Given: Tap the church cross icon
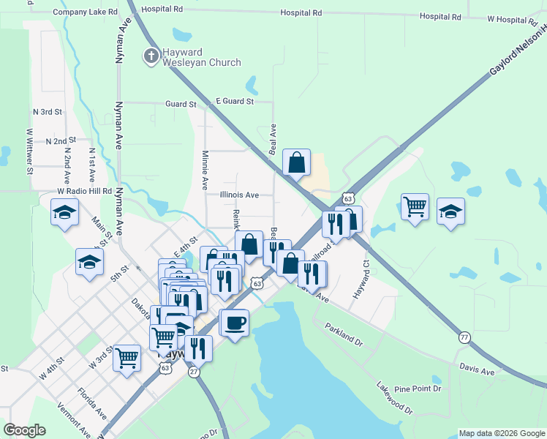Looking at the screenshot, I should point(151,56).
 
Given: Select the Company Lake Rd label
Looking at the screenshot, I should point(85,12).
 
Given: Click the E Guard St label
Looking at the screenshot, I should point(234,101).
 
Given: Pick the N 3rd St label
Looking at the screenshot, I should point(48,112).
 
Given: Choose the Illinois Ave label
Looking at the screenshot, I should point(239,195).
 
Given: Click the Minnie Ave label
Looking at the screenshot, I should point(205,168).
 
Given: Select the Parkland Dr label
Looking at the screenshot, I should point(344,335).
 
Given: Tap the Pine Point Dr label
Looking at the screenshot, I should point(417,389).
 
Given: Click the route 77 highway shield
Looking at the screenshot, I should point(464,337).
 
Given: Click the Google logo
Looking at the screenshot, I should point(25,430).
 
